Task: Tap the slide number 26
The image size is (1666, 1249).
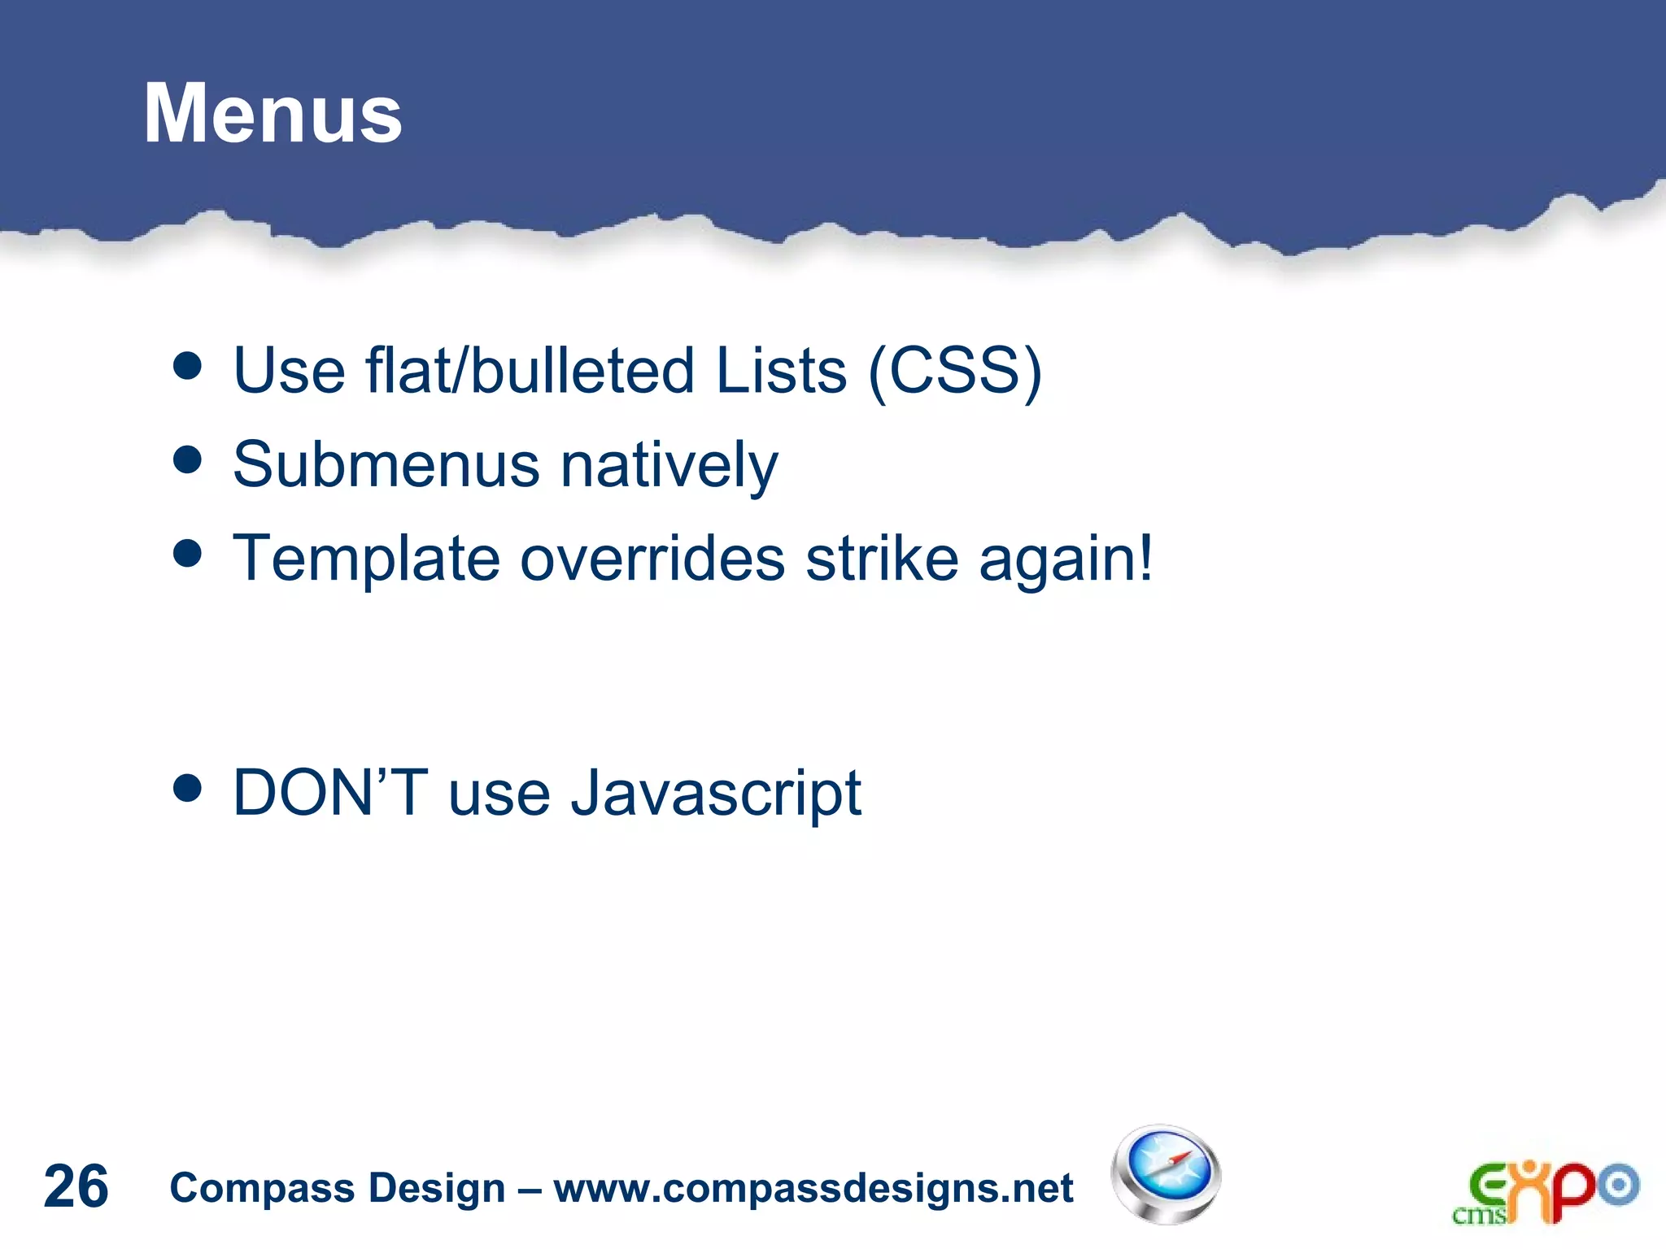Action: pos(76,1186)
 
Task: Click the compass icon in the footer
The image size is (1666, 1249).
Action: pos(1166,1175)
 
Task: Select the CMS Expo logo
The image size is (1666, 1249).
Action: pos(1545,1192)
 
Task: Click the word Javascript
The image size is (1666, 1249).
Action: pos(716,794)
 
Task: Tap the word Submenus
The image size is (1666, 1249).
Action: pos(386,464)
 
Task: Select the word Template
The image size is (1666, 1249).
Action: pos(366,559)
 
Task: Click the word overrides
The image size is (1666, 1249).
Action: pos(652,559)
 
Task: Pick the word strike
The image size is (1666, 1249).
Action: pos(882,559)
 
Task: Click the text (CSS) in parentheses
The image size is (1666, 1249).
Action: pos(954,372)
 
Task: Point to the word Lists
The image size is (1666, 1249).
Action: pos(781,371)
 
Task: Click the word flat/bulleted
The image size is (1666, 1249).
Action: pos(530,371)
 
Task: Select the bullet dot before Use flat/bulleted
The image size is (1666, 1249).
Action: pos(188,366)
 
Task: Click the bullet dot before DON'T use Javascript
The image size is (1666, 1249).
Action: pos(188,788)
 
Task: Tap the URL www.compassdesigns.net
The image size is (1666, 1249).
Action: pos(813,1188)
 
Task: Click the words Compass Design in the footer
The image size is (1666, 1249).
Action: pos(337,1188)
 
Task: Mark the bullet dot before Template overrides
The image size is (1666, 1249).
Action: pos(188,554)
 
